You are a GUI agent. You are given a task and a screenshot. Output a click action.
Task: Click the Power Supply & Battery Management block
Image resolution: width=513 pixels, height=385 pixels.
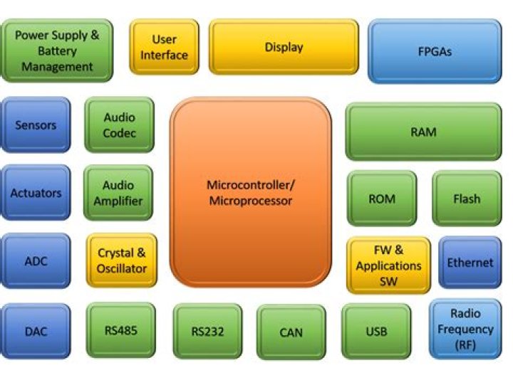(x=57, y=51)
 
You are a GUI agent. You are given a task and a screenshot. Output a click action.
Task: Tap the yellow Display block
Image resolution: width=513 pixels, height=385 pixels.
(x=284, y=47)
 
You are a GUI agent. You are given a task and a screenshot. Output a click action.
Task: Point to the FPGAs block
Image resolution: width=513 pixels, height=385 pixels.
(x=435, y=51)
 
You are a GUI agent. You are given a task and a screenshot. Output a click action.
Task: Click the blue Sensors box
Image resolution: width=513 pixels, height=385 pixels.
(x=36, y=125)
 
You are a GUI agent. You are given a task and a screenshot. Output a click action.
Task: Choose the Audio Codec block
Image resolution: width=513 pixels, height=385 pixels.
(x=119, y=125)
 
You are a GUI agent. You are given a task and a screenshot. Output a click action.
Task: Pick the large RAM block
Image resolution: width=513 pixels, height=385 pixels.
(x=423, y=132)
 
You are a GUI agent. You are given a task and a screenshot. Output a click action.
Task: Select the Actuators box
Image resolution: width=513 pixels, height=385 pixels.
(x=36, y=193)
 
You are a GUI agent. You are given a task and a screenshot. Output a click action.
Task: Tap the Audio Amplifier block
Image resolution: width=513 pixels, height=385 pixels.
(x=118, y=194)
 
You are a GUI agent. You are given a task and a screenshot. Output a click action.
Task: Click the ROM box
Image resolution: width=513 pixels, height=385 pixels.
(x=382, y=199)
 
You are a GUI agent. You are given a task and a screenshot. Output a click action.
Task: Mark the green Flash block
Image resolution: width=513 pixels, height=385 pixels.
(x=467, y=199)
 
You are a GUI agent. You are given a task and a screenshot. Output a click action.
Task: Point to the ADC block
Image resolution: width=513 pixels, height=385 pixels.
(x=36, y=261)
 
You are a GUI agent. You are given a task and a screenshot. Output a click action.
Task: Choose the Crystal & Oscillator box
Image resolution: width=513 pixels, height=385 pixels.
(x=122, y=260)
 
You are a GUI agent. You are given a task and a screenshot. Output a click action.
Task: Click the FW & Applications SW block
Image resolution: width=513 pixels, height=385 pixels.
(x=388, y=265)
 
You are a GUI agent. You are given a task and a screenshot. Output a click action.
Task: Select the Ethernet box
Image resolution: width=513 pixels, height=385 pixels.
(x=470, y=263)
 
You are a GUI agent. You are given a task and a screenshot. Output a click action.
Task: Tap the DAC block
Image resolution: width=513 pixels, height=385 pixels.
(x=36, y=330)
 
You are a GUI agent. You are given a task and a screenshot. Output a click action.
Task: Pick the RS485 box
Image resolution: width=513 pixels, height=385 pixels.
(x=120, y=329)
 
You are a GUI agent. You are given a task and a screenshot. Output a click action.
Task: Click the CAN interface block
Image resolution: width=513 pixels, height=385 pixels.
(x=291, y=332)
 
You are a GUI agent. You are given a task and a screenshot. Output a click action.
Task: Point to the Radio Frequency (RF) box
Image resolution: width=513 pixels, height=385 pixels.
(x=465, y=329)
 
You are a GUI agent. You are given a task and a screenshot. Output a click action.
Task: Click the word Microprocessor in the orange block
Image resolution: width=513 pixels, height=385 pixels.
(x=251, y=201)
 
